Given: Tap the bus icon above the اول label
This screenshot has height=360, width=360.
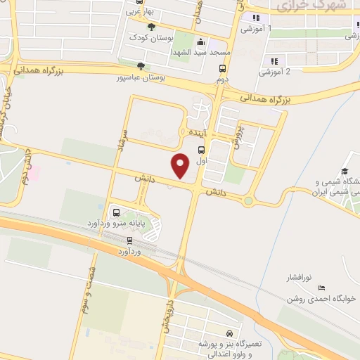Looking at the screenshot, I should pos(202,150).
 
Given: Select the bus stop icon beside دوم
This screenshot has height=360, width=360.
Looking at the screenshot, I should pos(223,69).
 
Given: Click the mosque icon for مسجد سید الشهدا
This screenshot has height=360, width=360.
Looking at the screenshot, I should pos(201,41).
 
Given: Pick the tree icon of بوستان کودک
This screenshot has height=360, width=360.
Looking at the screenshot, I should pos(151,27).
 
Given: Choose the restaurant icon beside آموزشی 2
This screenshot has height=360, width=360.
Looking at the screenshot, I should pos(274,61).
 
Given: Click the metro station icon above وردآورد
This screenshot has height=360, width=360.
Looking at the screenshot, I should pos(129,240).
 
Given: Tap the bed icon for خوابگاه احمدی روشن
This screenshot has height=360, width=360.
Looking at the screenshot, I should pos(322,287).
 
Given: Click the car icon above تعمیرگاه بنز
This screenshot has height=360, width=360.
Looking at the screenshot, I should pos(230,333).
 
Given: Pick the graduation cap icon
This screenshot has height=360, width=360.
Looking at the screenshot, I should pos(345,172).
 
